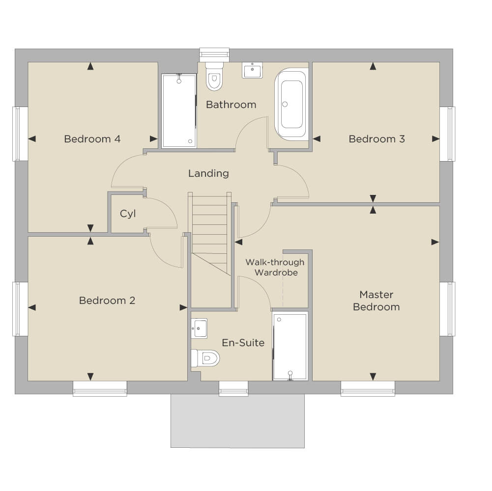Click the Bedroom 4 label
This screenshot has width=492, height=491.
point(92,139)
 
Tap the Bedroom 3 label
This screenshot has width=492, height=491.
point(377,139)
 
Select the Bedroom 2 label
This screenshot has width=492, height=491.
point(107,300)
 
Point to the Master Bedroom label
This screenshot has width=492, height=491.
point(376,300)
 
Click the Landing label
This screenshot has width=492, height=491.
point(208,173)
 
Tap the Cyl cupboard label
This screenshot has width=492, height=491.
point(128,214)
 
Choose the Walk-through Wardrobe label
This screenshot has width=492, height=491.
point(275,267)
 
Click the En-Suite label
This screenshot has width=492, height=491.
point(243,343)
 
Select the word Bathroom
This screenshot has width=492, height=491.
point(231,105)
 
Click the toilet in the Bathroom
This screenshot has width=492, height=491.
point(214,76)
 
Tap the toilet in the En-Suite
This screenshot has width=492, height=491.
point(205,358)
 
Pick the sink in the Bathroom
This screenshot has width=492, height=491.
point(252,70)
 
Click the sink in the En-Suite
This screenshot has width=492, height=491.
point(199,328)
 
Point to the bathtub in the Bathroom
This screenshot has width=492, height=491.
point(291,104)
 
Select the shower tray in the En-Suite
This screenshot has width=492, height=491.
point(290,347)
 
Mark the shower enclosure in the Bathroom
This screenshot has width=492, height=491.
point(179,110)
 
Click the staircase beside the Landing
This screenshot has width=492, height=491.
point(209,234)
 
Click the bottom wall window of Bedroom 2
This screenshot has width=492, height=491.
point(100,388)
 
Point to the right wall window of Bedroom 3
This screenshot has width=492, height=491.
point(447,134)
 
